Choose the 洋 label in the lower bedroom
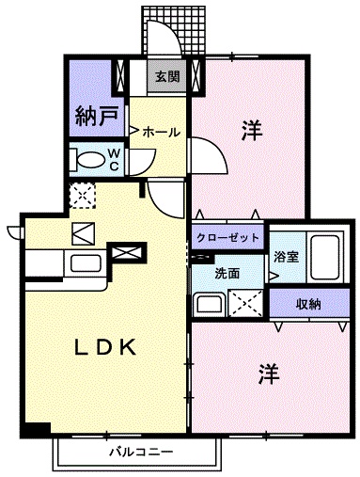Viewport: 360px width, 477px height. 269,373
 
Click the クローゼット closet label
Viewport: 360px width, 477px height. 227,239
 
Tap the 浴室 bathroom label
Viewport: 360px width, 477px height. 286,256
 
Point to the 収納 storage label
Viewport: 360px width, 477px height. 307,303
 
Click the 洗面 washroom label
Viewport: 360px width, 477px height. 226,274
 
